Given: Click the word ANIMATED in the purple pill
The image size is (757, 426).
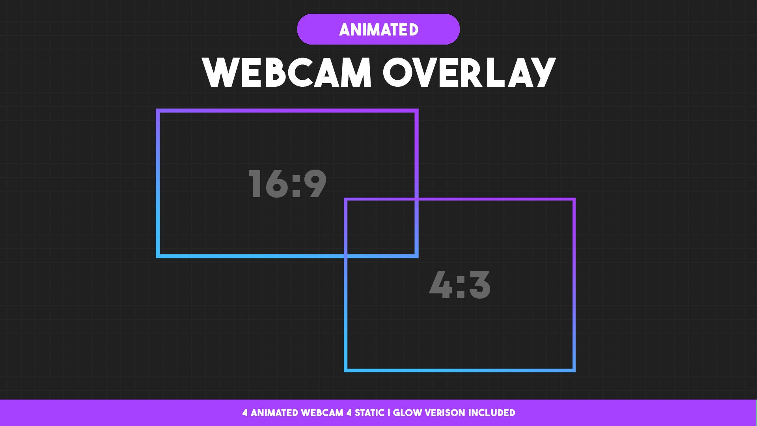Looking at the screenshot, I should tap(378, 30).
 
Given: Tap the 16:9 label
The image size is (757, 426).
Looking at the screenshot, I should tap(287, 183).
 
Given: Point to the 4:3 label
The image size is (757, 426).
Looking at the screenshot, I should tap(460, 285).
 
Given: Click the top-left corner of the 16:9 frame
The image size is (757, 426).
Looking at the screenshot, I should tap(158, 111).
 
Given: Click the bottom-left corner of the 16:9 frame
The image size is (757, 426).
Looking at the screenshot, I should tap(158, 256).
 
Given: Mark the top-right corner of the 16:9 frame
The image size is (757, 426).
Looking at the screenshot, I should tap(416, 111).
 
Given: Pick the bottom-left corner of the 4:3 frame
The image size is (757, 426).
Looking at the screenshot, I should tap(346, 370).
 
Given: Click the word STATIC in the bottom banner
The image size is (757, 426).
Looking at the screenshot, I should tap(369, 413).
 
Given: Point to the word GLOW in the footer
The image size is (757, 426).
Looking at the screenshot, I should tap(407, 413).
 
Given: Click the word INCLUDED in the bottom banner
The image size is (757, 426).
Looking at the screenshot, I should tap(492, 413).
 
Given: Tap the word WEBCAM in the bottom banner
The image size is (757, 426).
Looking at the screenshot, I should tap(322, 413).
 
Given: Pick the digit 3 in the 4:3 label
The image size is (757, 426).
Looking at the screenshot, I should tap(479, 285).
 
